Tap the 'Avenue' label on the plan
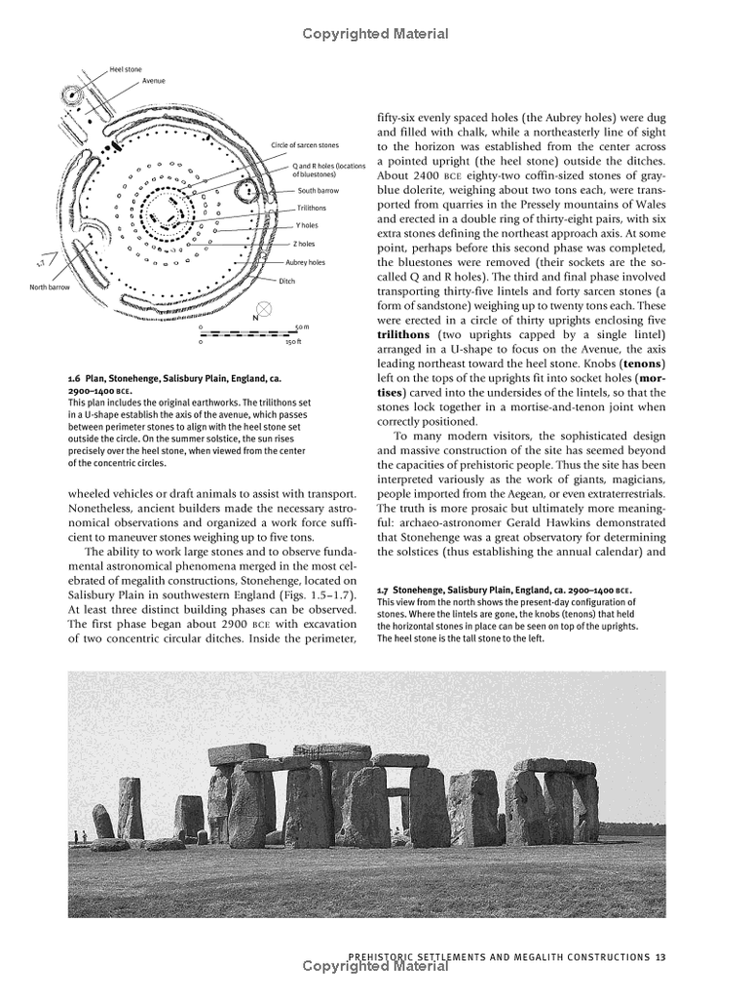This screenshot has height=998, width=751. (x=154, y=81)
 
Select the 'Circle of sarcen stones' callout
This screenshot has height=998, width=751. (x=305, y=145)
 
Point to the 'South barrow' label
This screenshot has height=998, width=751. (x=319, y=190)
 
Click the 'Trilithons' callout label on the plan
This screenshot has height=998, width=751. (x=312, y=209)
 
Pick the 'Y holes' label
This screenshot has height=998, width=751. (x=306, y=226)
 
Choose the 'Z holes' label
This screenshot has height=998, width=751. (x=305, y=244)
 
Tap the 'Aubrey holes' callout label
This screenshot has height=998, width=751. (x=306, y=262)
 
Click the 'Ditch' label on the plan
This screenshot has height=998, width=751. (x=286, y=281)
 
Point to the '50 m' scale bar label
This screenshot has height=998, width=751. (x=301, y=327)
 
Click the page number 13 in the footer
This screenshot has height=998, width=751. (x=660, y=956)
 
